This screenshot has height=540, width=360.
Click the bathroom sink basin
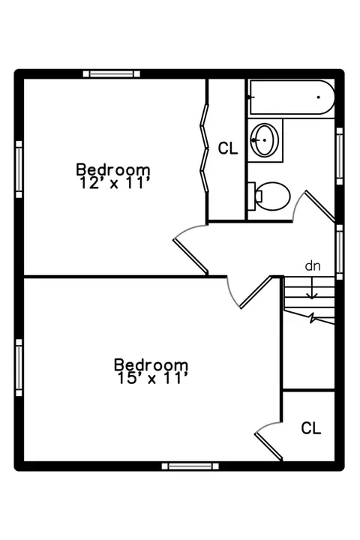264,139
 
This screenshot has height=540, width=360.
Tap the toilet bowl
273,196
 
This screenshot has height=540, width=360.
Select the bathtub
292,97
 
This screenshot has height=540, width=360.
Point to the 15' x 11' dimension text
153,378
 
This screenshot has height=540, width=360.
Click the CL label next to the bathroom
228,148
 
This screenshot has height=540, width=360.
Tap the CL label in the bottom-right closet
311,428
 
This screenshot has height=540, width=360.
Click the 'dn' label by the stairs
313,265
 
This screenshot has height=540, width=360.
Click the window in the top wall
112,73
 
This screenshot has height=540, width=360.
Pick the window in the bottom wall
190,466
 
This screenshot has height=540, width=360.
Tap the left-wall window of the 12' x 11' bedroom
19,169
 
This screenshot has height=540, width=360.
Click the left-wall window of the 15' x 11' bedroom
19,367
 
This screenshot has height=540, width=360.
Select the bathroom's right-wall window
340,156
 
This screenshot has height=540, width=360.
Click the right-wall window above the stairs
340,252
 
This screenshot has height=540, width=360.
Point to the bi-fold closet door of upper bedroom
205,148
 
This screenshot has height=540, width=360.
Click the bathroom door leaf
319,206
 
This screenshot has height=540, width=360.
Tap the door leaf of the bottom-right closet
268,447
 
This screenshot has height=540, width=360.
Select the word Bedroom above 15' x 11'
151,364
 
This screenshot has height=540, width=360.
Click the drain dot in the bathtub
318,97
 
